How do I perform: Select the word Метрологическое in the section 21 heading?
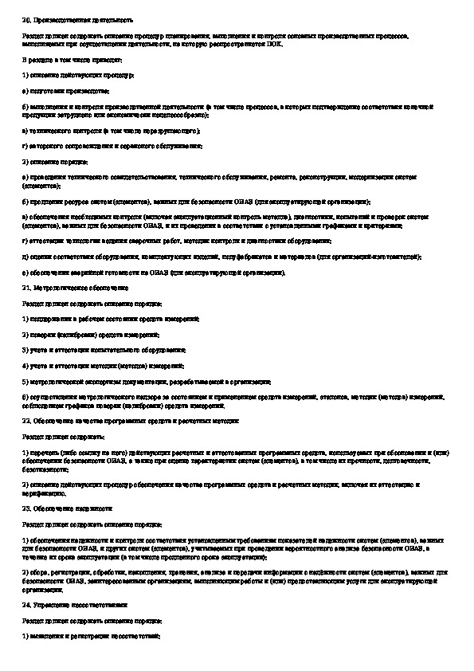pyautogui.click(x=57, y=286)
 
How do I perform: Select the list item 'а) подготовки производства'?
pyautogui.click(x=65, y=90)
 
